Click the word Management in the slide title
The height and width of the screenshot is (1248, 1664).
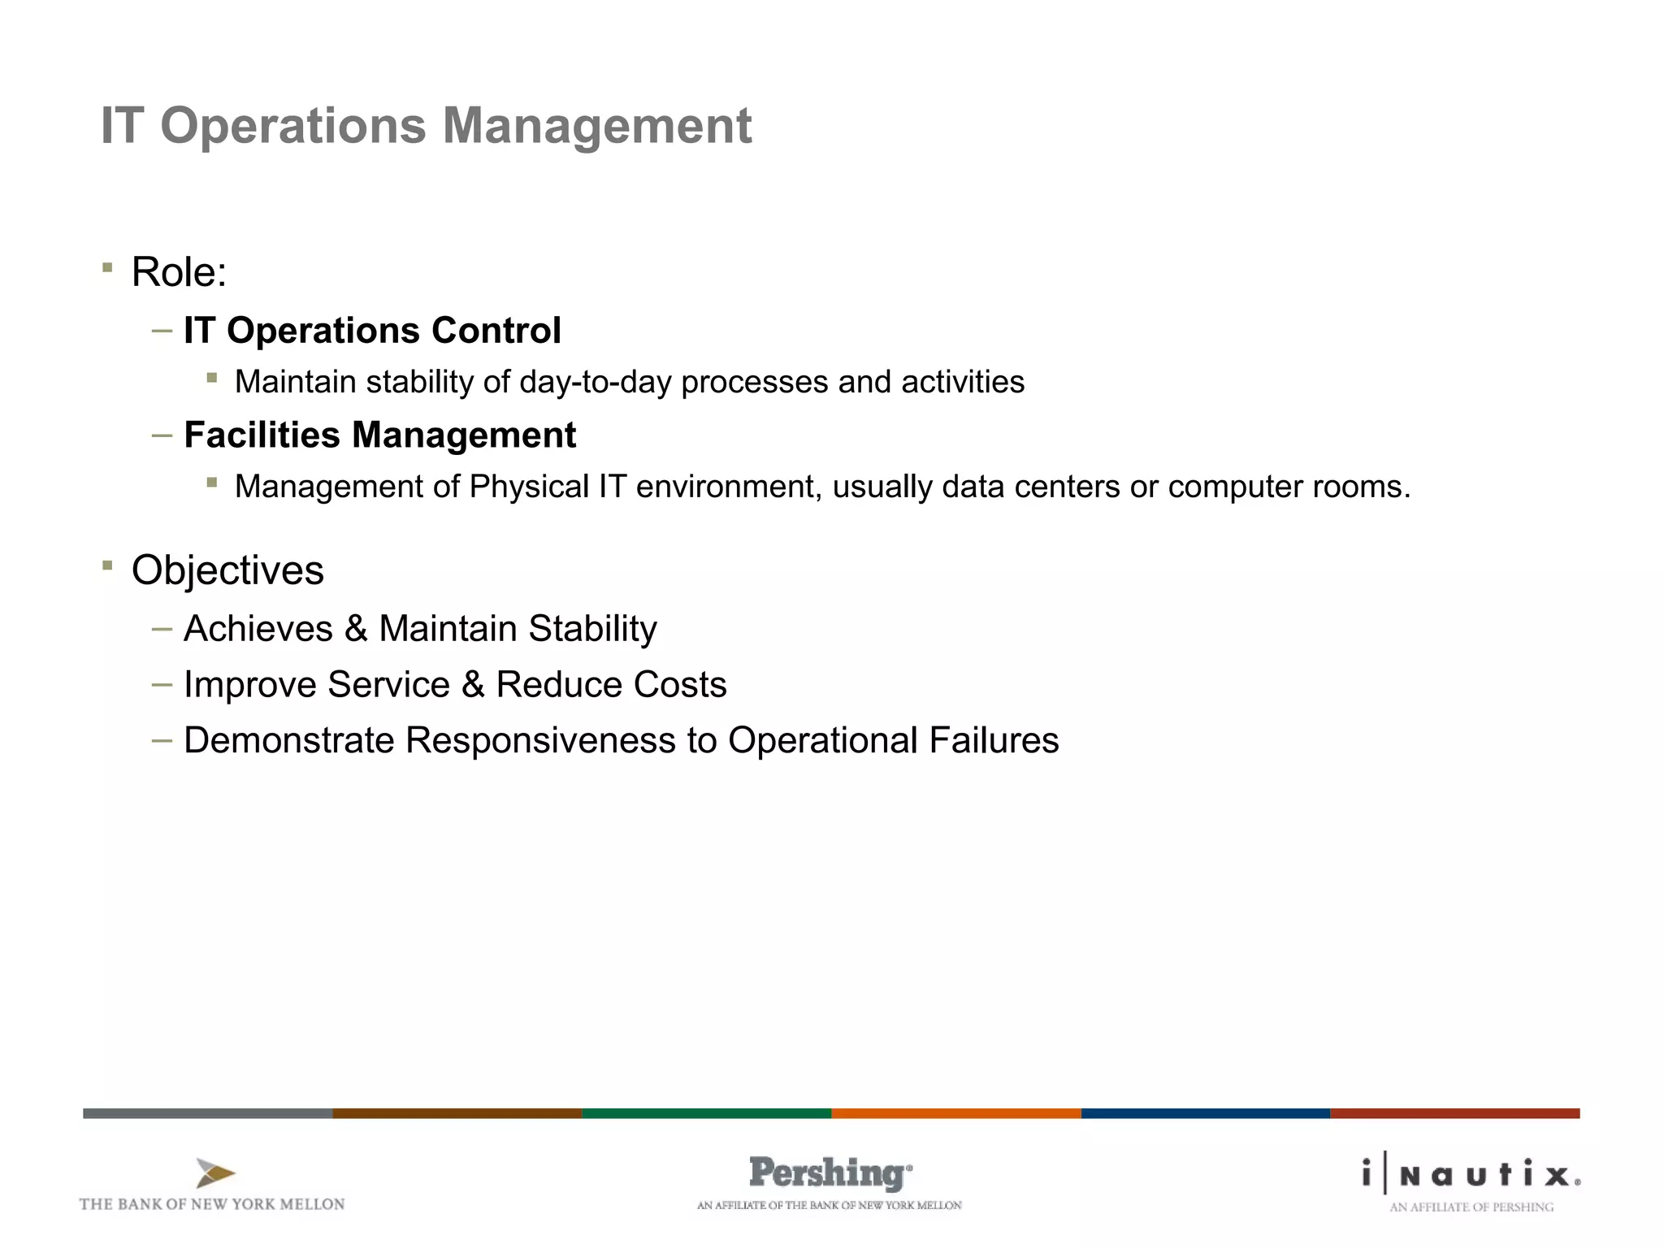click(x=596, y=126)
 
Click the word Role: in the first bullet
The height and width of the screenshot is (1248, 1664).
click(x=179, y=272)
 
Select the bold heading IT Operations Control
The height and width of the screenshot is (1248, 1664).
click(x=372, y=331)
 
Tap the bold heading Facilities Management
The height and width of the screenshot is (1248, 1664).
click(x=379, y=435)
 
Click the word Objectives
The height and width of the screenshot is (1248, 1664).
click(x=227, y=570)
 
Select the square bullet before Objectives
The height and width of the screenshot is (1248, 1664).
click(x=107, y=565)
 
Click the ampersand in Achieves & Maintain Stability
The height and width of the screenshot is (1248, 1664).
click(x=356, y=629)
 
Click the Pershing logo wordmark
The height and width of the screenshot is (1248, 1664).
click(x=829, y=1173)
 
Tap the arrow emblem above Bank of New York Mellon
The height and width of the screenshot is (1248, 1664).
click(x=214, y=1173)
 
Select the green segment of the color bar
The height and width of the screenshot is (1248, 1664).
click(x=706, y=1113)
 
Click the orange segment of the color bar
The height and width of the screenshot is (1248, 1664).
click(x=955, y=1113)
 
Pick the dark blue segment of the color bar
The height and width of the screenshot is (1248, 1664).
click(x=1205, y=1113)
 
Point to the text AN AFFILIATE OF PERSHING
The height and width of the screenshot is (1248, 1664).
click(x=1471, y=1207)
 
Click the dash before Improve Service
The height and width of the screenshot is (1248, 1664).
click(x=162, y=685)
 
